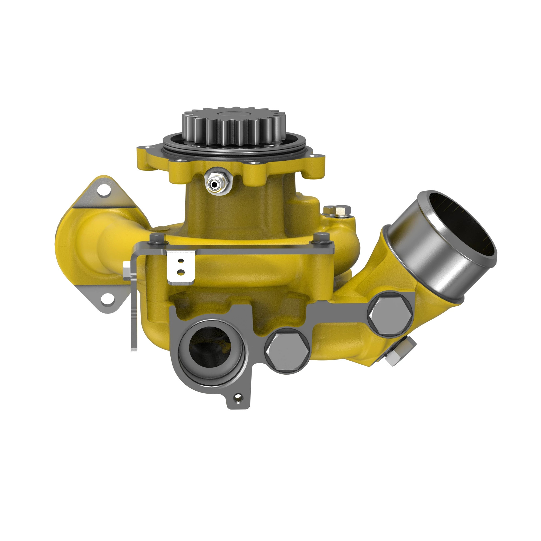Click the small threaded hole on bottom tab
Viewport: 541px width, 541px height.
tap(238, 397)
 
